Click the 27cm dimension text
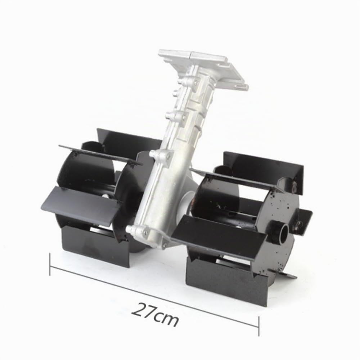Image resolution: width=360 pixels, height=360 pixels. tap(155, 314)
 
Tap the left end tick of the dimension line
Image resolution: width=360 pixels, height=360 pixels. tap(50, 264)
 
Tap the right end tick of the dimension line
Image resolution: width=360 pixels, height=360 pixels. tap(259, 326)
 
